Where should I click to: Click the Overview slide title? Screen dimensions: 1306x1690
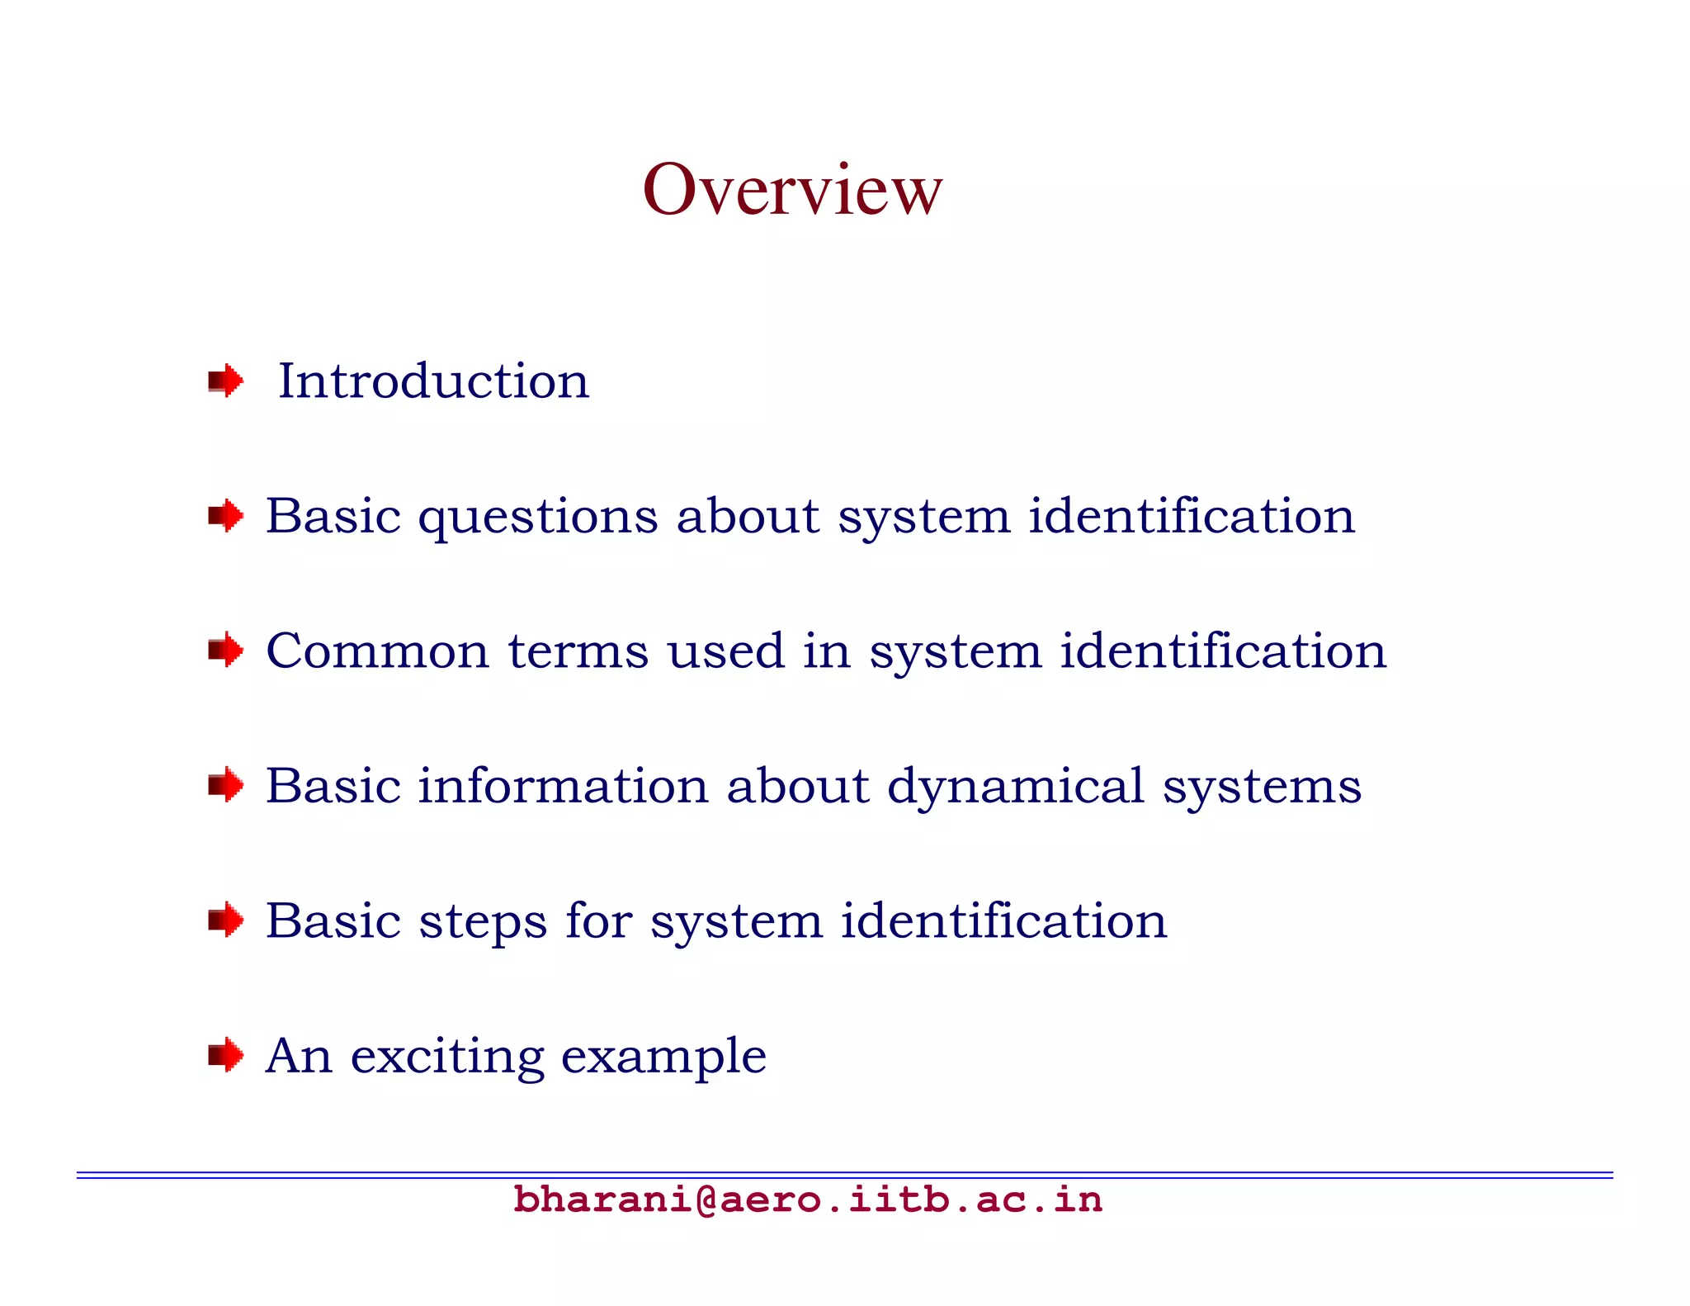coord(791,190)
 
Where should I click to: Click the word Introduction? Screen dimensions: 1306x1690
coord(433,381)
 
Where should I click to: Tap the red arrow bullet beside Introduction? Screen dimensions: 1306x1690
coord(225,381)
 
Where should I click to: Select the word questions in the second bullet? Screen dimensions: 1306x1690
coord(537,518)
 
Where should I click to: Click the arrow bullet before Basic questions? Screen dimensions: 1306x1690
coord(225,517)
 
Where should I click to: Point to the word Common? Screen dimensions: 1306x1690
coord(377,651)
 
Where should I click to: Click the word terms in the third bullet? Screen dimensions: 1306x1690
coord(578,651)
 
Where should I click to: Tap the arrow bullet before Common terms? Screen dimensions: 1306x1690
coord(225,651)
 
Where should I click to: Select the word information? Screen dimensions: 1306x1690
coord(562,786)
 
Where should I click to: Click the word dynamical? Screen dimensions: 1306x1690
coord(1015,788)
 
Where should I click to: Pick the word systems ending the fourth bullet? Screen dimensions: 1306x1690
coord(1262,788)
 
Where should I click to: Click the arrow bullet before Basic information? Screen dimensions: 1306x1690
coord(225,786)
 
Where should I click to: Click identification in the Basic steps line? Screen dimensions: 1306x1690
coord(1003,920)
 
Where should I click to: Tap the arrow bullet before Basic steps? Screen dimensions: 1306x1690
coord(225,920)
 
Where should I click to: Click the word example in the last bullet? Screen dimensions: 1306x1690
coord(663,1058)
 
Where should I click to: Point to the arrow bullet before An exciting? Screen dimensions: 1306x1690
coord(225,1056)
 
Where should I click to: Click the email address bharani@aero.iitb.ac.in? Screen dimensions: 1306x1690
coord(807,1200)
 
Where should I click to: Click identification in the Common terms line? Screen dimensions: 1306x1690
coord(1222,651)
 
